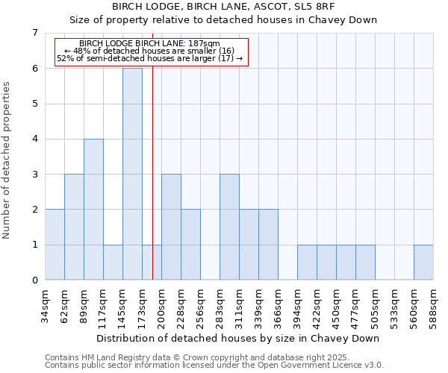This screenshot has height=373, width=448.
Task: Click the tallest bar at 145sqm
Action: [132, 174]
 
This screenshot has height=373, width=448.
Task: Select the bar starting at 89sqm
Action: [93, 209]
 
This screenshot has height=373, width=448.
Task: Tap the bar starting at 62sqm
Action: [74, 227]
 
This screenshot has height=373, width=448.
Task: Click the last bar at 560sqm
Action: [423, 263]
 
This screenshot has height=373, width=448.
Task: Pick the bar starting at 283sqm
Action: [229, 227]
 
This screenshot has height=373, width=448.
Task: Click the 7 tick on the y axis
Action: [34, 33]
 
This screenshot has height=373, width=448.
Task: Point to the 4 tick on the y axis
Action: [34, 139]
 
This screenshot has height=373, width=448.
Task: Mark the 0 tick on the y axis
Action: [34, 280]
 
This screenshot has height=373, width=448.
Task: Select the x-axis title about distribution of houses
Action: [239, 338]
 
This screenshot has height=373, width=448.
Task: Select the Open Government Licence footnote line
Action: [214, 365]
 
